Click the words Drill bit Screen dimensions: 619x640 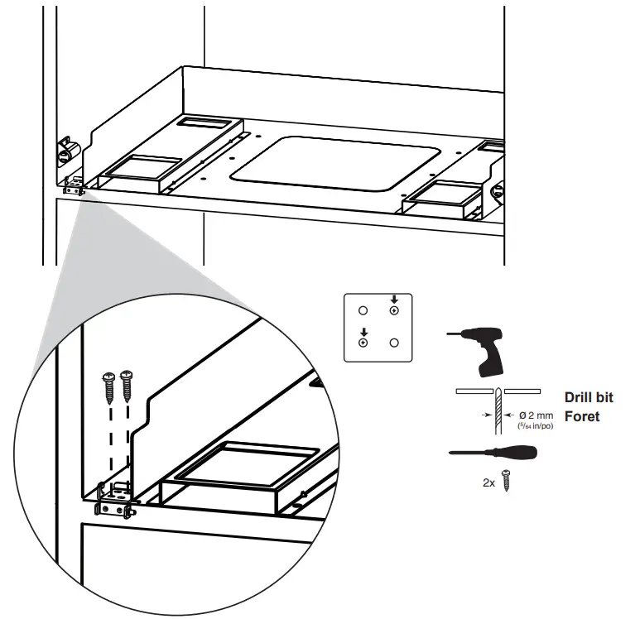click(589, 397)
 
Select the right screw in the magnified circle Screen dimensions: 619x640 click(127, 384)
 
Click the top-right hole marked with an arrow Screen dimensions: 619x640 click(394, 311)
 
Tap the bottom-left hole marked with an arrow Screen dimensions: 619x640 click(363, 342)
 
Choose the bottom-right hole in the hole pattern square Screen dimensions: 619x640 click(394, 342)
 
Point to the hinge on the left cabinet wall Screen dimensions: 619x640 click(65, 151)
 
